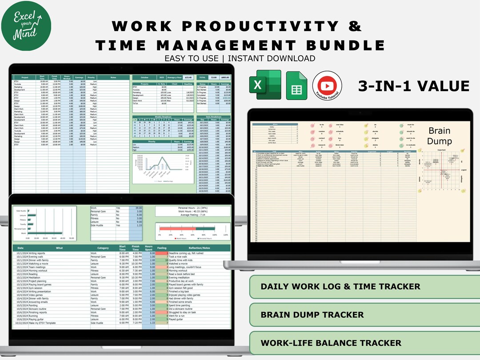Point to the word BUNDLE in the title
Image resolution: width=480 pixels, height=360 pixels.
[342, 45]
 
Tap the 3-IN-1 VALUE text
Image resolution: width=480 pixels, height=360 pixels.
[414, 86]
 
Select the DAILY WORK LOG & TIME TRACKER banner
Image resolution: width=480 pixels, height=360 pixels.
[340, 287]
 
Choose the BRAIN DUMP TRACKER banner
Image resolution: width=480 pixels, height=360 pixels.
[312, 315]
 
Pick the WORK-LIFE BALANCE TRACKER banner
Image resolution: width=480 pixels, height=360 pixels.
[331, 343]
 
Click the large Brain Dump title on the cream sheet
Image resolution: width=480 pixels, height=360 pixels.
[440, 136]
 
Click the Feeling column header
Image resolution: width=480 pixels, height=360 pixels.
[162, 248]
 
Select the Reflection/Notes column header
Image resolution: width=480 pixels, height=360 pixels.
[199, 248]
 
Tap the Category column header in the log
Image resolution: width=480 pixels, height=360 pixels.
[103, 248]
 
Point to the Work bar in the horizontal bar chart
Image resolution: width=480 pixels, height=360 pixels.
[44, 232]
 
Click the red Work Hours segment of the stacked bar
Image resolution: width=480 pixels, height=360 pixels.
[176, 228]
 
